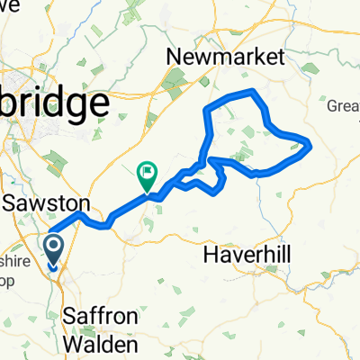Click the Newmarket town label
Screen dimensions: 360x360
tap(226, 58)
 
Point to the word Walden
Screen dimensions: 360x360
tap(101, 344)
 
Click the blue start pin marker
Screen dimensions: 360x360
tap(53, 249)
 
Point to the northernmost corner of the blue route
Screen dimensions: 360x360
tap(256, 92)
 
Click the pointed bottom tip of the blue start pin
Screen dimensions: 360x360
tap(53, 267)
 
